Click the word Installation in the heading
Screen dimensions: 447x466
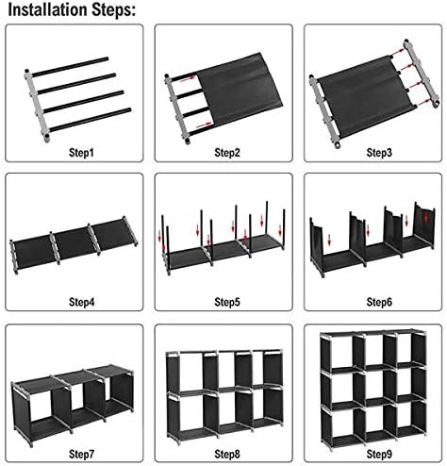coord(48,9)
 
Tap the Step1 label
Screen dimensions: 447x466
coord(81,153)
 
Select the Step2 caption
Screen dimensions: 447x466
coord(227,153)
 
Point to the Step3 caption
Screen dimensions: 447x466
coord(379,153)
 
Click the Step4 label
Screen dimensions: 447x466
coord(81,302)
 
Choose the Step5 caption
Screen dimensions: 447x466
coord(227,302)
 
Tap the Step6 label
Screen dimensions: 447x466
coord(379,302)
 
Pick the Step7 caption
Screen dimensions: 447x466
coord(81,454)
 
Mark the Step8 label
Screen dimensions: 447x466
coord(227,454)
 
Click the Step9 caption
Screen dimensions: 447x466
coord(379,454)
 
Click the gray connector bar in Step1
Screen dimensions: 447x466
coord(37,106)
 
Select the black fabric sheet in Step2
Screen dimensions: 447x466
coord(240,89)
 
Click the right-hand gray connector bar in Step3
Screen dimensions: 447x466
coord(422,73)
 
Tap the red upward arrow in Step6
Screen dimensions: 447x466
coord(425,217)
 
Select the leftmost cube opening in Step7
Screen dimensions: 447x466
coord(41,405)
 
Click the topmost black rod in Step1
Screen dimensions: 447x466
coord(70,67)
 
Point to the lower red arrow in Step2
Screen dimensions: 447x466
coord(204,125)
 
